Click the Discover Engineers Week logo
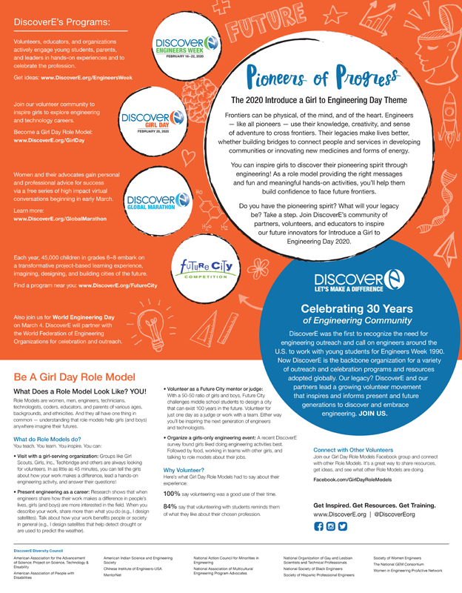coord(182,45)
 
